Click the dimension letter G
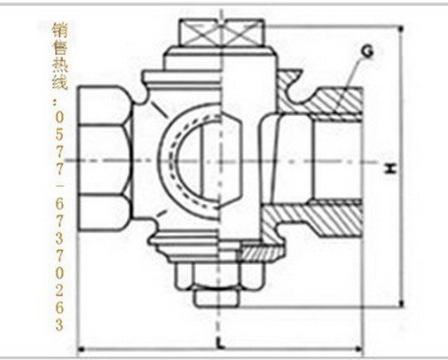pyautogui.click(x=367, y=51)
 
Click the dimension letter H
pyautogui.click(x=391, y=168)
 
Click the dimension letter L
pyautogui.click(x=219, y=342)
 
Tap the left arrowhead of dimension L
pyautogui.click(x=81, y=350)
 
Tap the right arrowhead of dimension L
pyautogui.click(x=359, y=349)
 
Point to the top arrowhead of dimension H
pyautogui.click(x=401, y=29)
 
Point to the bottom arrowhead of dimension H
pyautogui.click(x=401, y=303)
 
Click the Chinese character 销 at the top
pyautogui.click(x=59, y=30)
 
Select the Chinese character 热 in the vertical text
pyautogui.click(x=59, y=65)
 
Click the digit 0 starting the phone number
pyautogui.click(x=59, y=118)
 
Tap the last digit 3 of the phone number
pyautogui.click(x=59, y=325)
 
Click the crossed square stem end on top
pyautogui.click(x=222, y=33)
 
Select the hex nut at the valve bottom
pyautogui.click(x=219, y=276)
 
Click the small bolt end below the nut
pyautogui.click(x=216, y=298)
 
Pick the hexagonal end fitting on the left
pyautogui.click(x=105, y=159)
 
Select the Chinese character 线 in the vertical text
pyautogui.click(x=59, y=82)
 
